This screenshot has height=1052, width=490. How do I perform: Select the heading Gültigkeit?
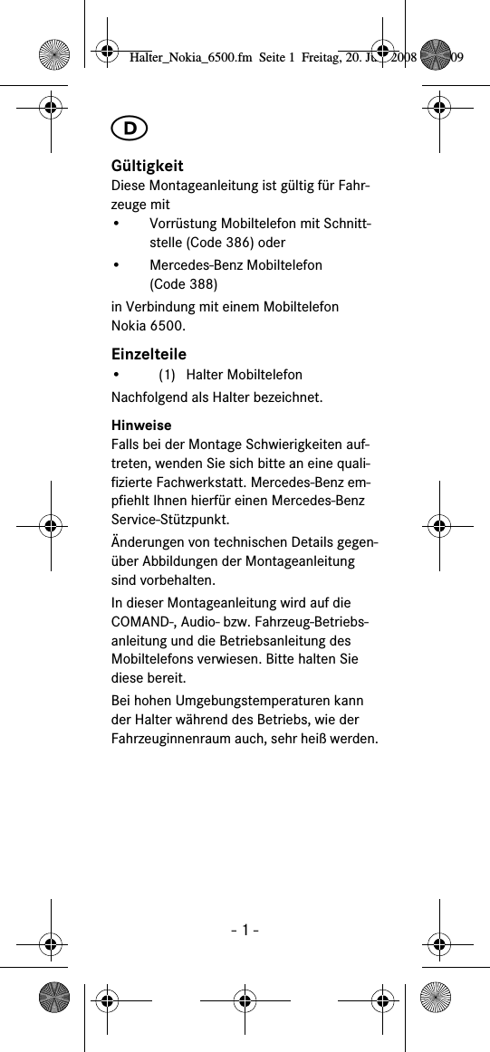pos(147,166)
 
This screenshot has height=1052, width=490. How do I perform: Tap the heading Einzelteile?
pos(149,354)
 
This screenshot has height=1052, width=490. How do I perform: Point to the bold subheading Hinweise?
pos(140,425)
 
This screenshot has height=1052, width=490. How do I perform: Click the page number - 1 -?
pos(245,930)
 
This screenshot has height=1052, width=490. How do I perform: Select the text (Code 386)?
pos(231,243)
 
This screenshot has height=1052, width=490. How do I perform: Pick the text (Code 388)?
pos(178,284)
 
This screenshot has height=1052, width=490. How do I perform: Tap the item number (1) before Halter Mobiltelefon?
pos(167,375)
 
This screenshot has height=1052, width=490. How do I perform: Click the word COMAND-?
pos(143,622)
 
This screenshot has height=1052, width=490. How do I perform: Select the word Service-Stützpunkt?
pos(169,520)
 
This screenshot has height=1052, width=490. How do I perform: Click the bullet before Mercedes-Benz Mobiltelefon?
pos(116,265)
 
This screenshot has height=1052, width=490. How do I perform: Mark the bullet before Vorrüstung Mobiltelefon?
pos(116,224)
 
